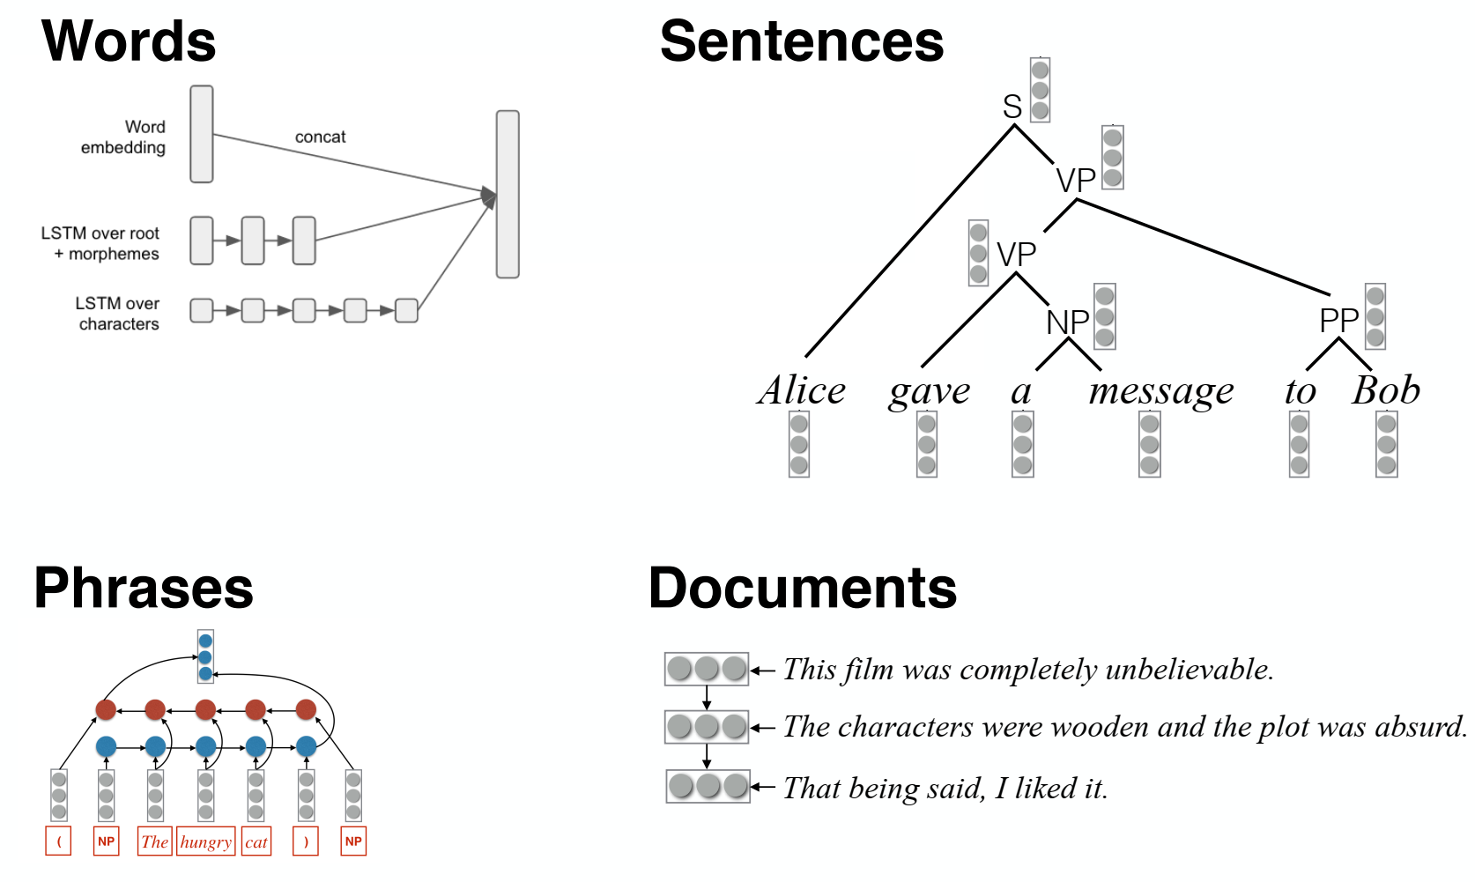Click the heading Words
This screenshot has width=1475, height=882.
pyautogui.click(x=129, y=41)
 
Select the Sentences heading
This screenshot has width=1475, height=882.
pyautogui.click(x=801, y=41)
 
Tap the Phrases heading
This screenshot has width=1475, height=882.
pyautogui.click(x=144, y=588)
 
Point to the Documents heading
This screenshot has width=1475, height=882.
pyautogui.click(x=802, y=588)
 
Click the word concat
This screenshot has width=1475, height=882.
pyautogui.click(x=320, y=137)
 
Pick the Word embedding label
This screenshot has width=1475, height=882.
pyautogui.click(x=124, y=137)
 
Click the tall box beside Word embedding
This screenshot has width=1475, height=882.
pyautogui.click(x=202, y=134)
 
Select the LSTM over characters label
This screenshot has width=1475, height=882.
pyautogui.click(x=118, y=314)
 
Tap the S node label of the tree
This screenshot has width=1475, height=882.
pyautogui.click(x=1012, y=107)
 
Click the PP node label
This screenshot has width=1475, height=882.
pyautogui.click(x=1338, y=321)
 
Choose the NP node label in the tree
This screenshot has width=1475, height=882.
pyautogui.click(x=1067, y=322)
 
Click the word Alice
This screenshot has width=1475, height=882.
pyautogui.click(x=801, y=390)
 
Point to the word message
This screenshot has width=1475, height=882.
pyautogui.click(x=1160, y=391)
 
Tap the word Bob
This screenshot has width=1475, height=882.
pyautogui.click(x=1386, y=390)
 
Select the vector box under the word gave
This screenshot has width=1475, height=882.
pyautogui.click(x=927, y=445)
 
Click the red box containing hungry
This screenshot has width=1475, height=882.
pyautogui.click(x=206, y=841)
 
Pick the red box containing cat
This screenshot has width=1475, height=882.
pyautogui.click(x=256, y=841)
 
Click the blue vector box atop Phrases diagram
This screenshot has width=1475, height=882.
pyautogui.click(x=205, y=657)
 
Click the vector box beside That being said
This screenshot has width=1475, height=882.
pyautogui.click(x=708, y=786)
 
